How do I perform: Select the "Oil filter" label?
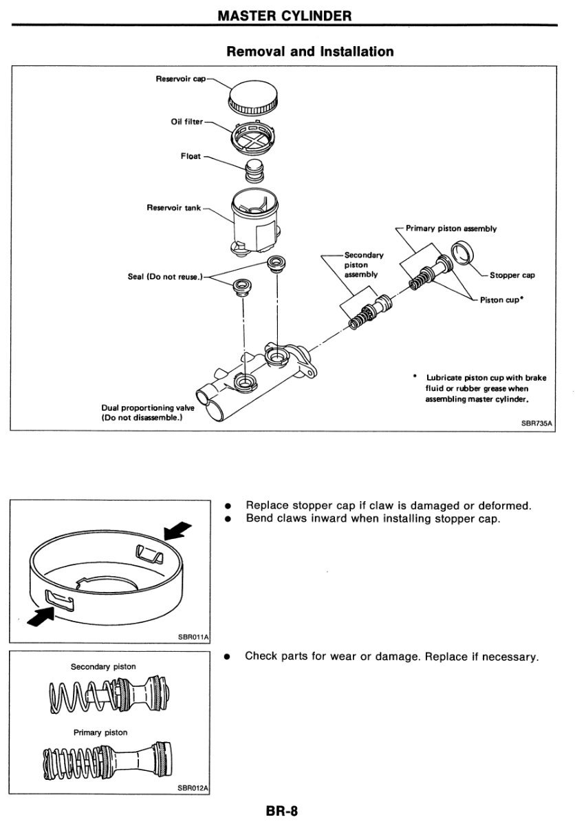186,122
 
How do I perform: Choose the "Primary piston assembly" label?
451,229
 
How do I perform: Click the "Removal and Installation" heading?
310,52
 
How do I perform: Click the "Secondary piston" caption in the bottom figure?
103,666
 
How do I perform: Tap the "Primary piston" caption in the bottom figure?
100,732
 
